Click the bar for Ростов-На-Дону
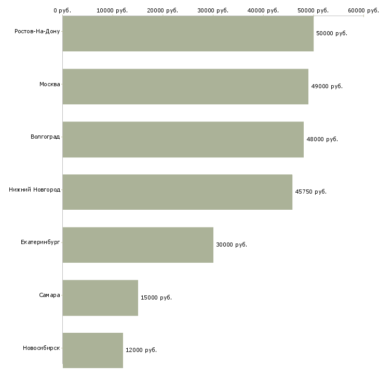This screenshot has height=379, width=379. (x=188, y=34)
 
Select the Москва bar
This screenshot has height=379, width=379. (x=185, y=87)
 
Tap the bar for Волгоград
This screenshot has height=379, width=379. (x=183, y=140)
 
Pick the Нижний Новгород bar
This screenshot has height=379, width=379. (x=178, y=192)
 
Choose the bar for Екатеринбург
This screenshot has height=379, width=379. (x=138, y=245)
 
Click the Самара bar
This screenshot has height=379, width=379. (x=100, y=298)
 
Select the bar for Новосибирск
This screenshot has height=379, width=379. (x=93, y=350)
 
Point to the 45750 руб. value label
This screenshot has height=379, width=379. (x=310, y=192)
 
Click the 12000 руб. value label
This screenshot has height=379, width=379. (x=141, y=350)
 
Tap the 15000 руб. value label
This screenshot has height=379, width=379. (x=156, y=297)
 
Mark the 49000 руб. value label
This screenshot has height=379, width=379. (x=327, y=86)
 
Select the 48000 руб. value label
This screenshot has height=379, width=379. (x=322, y=139)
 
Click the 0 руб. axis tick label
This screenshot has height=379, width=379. (x=62, y=10)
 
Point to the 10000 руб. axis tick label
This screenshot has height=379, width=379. (x=112, y=10)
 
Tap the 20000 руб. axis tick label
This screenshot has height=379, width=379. (x=163, y=10)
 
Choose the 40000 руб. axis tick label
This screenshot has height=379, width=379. (x=263, y=10)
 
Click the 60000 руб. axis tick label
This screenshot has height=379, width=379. (x=363, y=10)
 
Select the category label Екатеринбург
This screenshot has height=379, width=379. (x=40, y=242)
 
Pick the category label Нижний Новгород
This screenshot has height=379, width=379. (x=34, y=189)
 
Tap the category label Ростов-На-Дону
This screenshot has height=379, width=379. (x=37, y=32)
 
